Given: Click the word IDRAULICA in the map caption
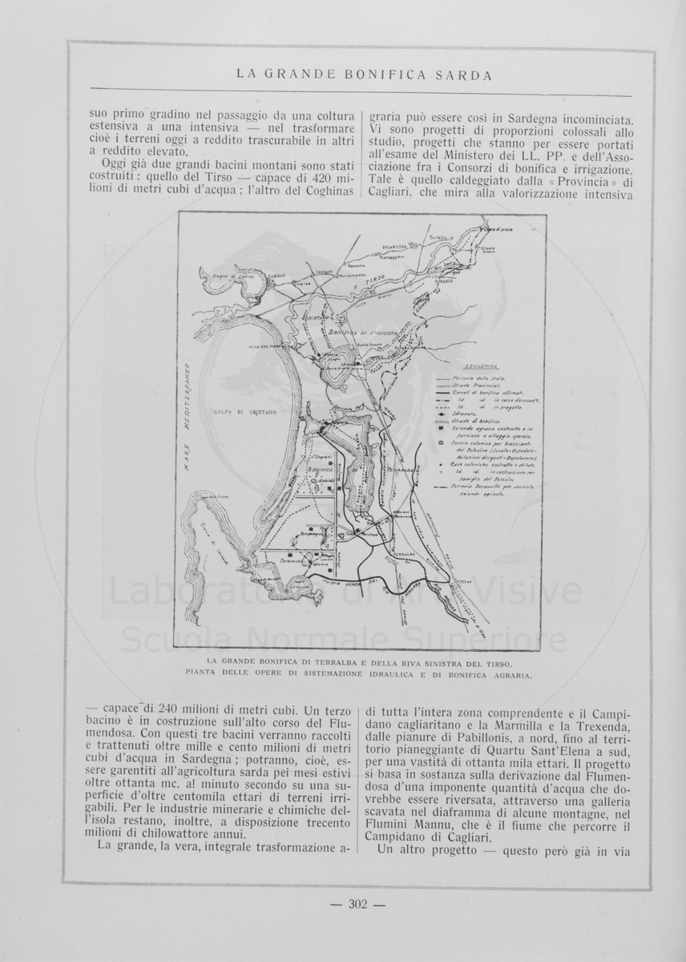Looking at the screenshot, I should coord(374,674).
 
